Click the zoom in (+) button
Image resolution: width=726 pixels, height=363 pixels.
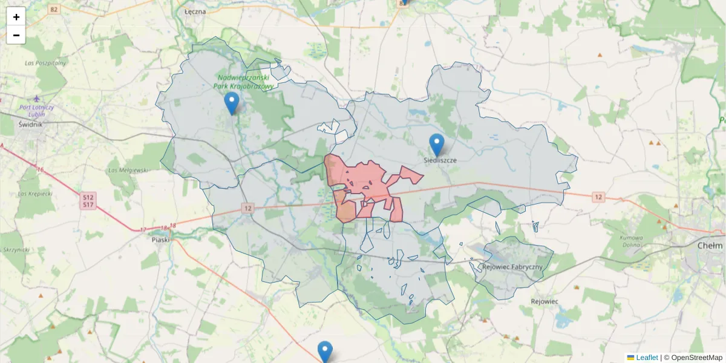(16, 16)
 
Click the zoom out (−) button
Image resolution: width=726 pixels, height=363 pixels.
(16, 35)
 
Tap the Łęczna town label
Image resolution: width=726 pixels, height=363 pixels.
(195, 11)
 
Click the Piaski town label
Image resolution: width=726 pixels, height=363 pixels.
(160, 239)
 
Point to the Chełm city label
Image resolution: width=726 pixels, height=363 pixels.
(710, 246)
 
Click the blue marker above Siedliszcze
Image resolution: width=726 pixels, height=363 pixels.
(436, 146)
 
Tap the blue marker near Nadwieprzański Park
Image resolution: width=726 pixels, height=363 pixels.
(231, 103)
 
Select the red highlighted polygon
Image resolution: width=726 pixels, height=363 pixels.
(363, 181)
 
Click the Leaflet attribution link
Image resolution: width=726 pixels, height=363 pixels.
(646, 358)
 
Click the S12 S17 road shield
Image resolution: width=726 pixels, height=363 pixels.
(88, 201)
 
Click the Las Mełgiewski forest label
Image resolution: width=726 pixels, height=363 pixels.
(128, 170)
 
